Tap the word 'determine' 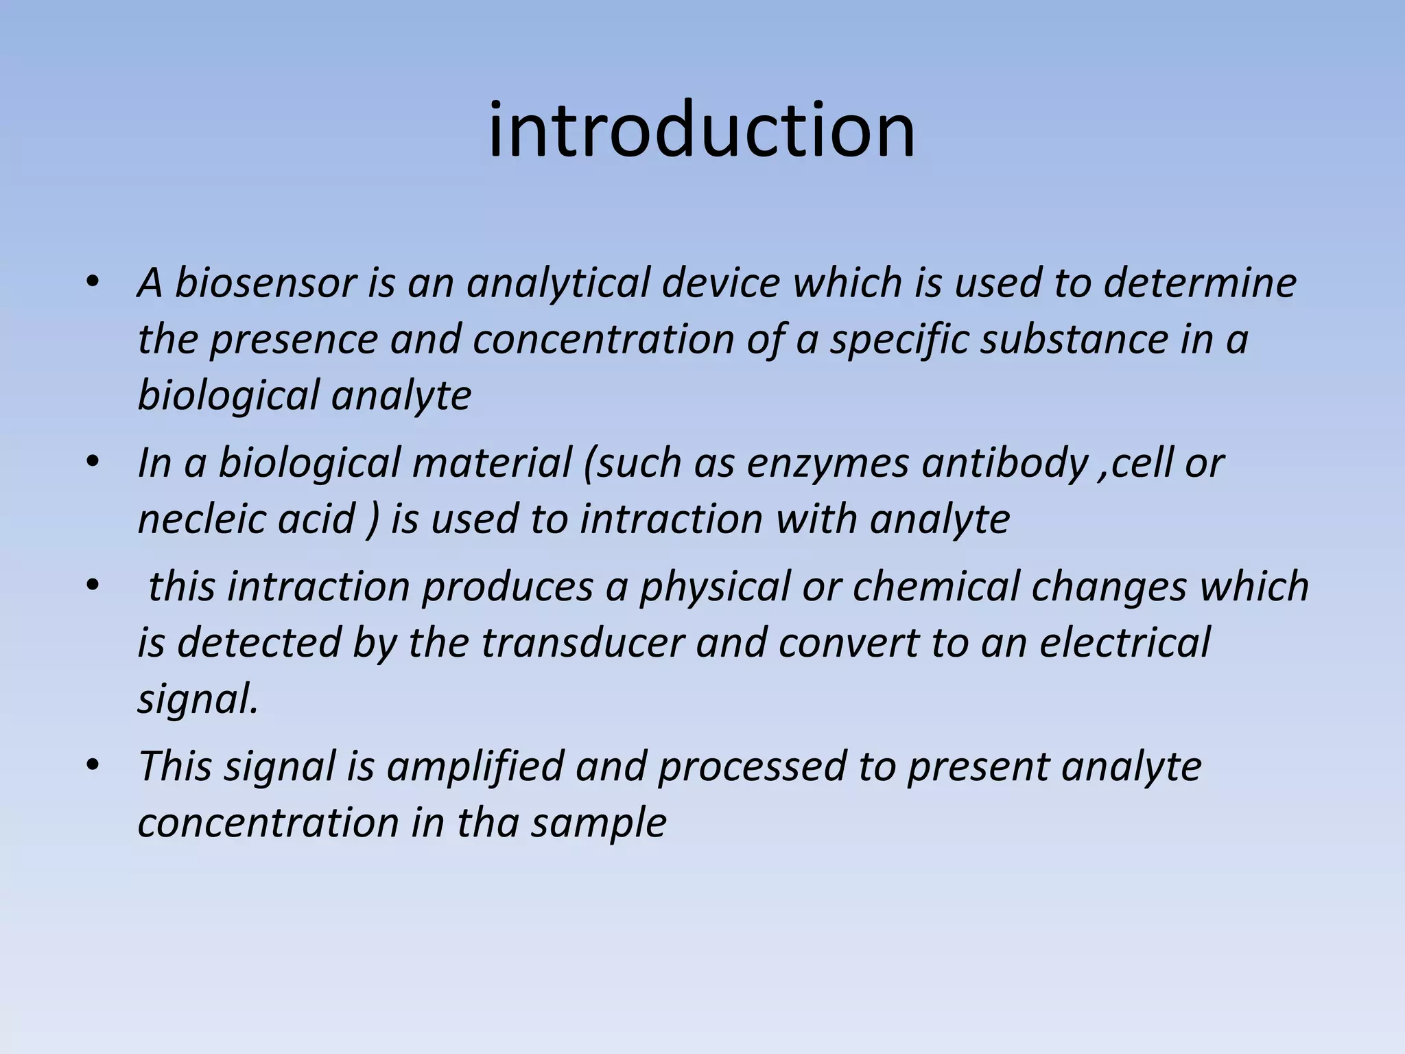1200,283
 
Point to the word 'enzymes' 827,463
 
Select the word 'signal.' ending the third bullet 198,700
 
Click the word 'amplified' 475,766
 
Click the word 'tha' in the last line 487,823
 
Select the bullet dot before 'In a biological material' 93,462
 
